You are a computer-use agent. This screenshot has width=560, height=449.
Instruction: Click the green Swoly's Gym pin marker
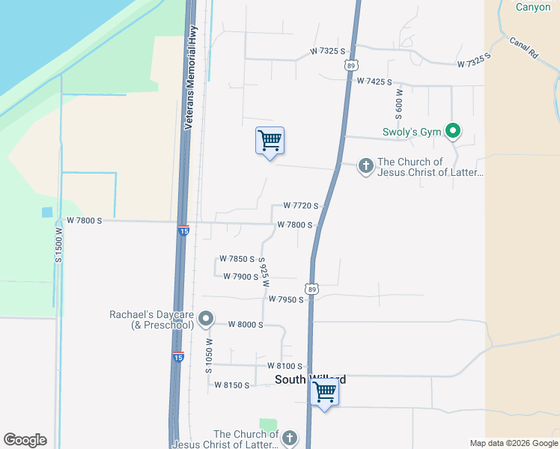click(452, 132)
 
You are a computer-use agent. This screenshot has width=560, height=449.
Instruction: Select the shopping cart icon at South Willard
click(324, 391)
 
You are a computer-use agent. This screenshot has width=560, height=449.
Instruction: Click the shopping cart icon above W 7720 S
click(270, 140)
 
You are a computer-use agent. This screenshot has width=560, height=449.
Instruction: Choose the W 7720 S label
click(301, 206)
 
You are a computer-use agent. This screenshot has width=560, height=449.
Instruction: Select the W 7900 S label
click(240, 277)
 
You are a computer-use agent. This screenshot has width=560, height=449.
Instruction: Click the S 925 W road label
click(264, 273)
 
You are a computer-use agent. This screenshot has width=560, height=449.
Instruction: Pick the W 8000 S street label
click(245, 325)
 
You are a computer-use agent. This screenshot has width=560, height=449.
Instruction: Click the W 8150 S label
click(231, 385)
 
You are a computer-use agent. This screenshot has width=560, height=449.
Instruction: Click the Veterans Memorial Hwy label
click(191, 77)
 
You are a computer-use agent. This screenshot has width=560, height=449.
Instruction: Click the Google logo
click(25, 440)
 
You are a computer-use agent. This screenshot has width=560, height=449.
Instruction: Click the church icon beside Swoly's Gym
click(365, 165)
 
